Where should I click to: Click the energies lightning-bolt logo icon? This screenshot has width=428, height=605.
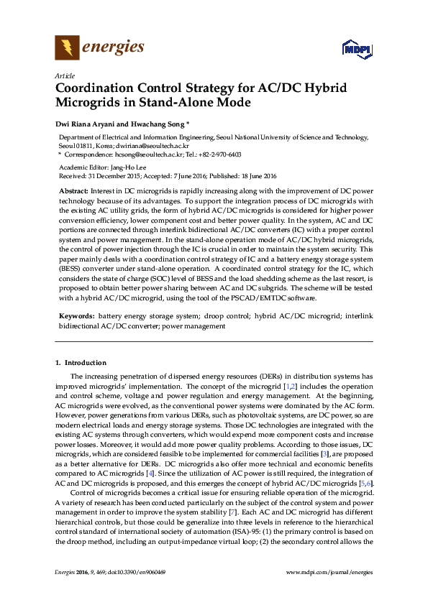coord(67,48)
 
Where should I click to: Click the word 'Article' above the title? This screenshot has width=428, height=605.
coord(63,75)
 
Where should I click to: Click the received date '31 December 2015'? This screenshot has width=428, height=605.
coord(119,175)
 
